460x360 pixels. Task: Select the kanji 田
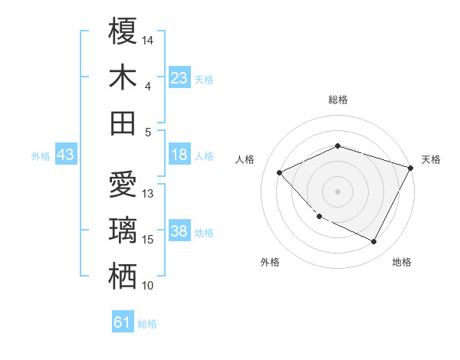123,123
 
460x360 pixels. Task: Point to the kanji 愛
123,186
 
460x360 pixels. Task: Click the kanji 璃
123,231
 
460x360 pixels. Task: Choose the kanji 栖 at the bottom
123,277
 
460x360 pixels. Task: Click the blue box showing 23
179,78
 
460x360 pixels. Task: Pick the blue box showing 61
123,323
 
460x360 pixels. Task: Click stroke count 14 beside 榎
148,40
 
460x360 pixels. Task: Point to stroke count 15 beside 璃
148,240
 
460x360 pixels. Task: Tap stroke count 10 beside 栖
148,286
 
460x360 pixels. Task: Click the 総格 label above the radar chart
338,100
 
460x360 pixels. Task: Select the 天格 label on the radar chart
431,159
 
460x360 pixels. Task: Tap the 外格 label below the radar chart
270,262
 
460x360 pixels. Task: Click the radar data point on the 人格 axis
280,172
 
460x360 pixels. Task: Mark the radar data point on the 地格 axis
373,242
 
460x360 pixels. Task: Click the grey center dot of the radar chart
338,191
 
